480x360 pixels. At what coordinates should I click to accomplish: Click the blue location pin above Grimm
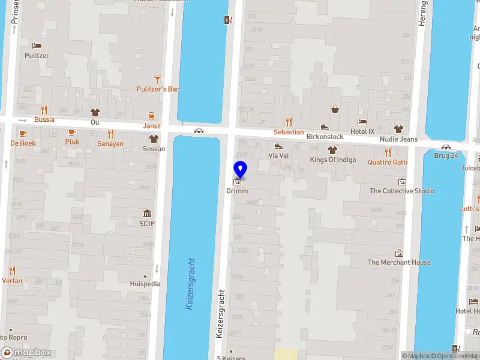coord(240,168)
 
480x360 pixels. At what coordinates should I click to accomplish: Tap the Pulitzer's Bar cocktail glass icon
coord(158,79)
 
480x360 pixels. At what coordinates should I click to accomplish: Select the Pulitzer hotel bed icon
coord(37,46)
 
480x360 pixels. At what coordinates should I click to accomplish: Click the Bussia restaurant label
coord(44,119)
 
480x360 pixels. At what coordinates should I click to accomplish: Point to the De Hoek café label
coord(23,143)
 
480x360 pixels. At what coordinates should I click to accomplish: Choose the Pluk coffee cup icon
coord(72,132)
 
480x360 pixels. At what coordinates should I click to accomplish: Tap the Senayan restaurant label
coord(110,144)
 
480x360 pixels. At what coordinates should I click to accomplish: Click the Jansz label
coord(152,126)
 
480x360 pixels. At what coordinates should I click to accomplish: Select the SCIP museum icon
coord(147,214)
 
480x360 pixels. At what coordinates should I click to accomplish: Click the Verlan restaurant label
coord(12,281)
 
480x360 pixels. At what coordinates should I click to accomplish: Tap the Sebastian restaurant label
coord(289,132)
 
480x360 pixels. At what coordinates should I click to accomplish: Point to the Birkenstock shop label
coord(325,137)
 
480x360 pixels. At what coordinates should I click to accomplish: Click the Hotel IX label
coord(362,131)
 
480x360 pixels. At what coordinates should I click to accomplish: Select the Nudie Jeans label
coord(398,139)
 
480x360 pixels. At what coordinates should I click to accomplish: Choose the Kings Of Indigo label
coord(333,160)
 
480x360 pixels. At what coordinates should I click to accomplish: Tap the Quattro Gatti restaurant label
coord(388,162)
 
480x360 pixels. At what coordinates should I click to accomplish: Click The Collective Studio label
coord(402,191)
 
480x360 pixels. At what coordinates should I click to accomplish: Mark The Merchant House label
coord(399,262)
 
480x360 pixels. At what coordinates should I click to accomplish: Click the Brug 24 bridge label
coord(446,155)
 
